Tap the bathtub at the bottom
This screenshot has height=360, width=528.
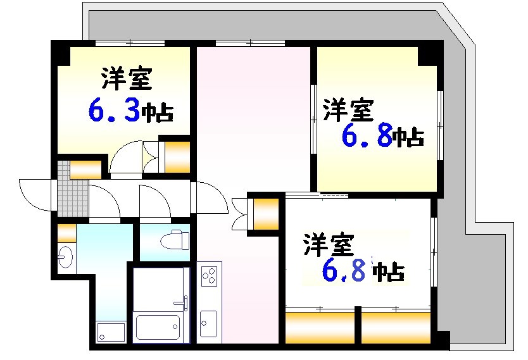coord(156,326)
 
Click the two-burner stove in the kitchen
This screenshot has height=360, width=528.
coord(210,276)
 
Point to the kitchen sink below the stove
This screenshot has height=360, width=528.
coord(208,323)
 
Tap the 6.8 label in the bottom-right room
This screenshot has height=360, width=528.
coord(345,271)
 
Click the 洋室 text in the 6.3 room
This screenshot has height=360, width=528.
coord(125,80)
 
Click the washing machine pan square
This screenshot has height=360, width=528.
coord(111,332)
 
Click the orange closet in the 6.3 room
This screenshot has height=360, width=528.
coord(177,156)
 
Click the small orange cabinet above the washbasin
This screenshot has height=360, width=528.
coord(67,232)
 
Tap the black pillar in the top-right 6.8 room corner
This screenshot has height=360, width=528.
coord(428,54)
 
